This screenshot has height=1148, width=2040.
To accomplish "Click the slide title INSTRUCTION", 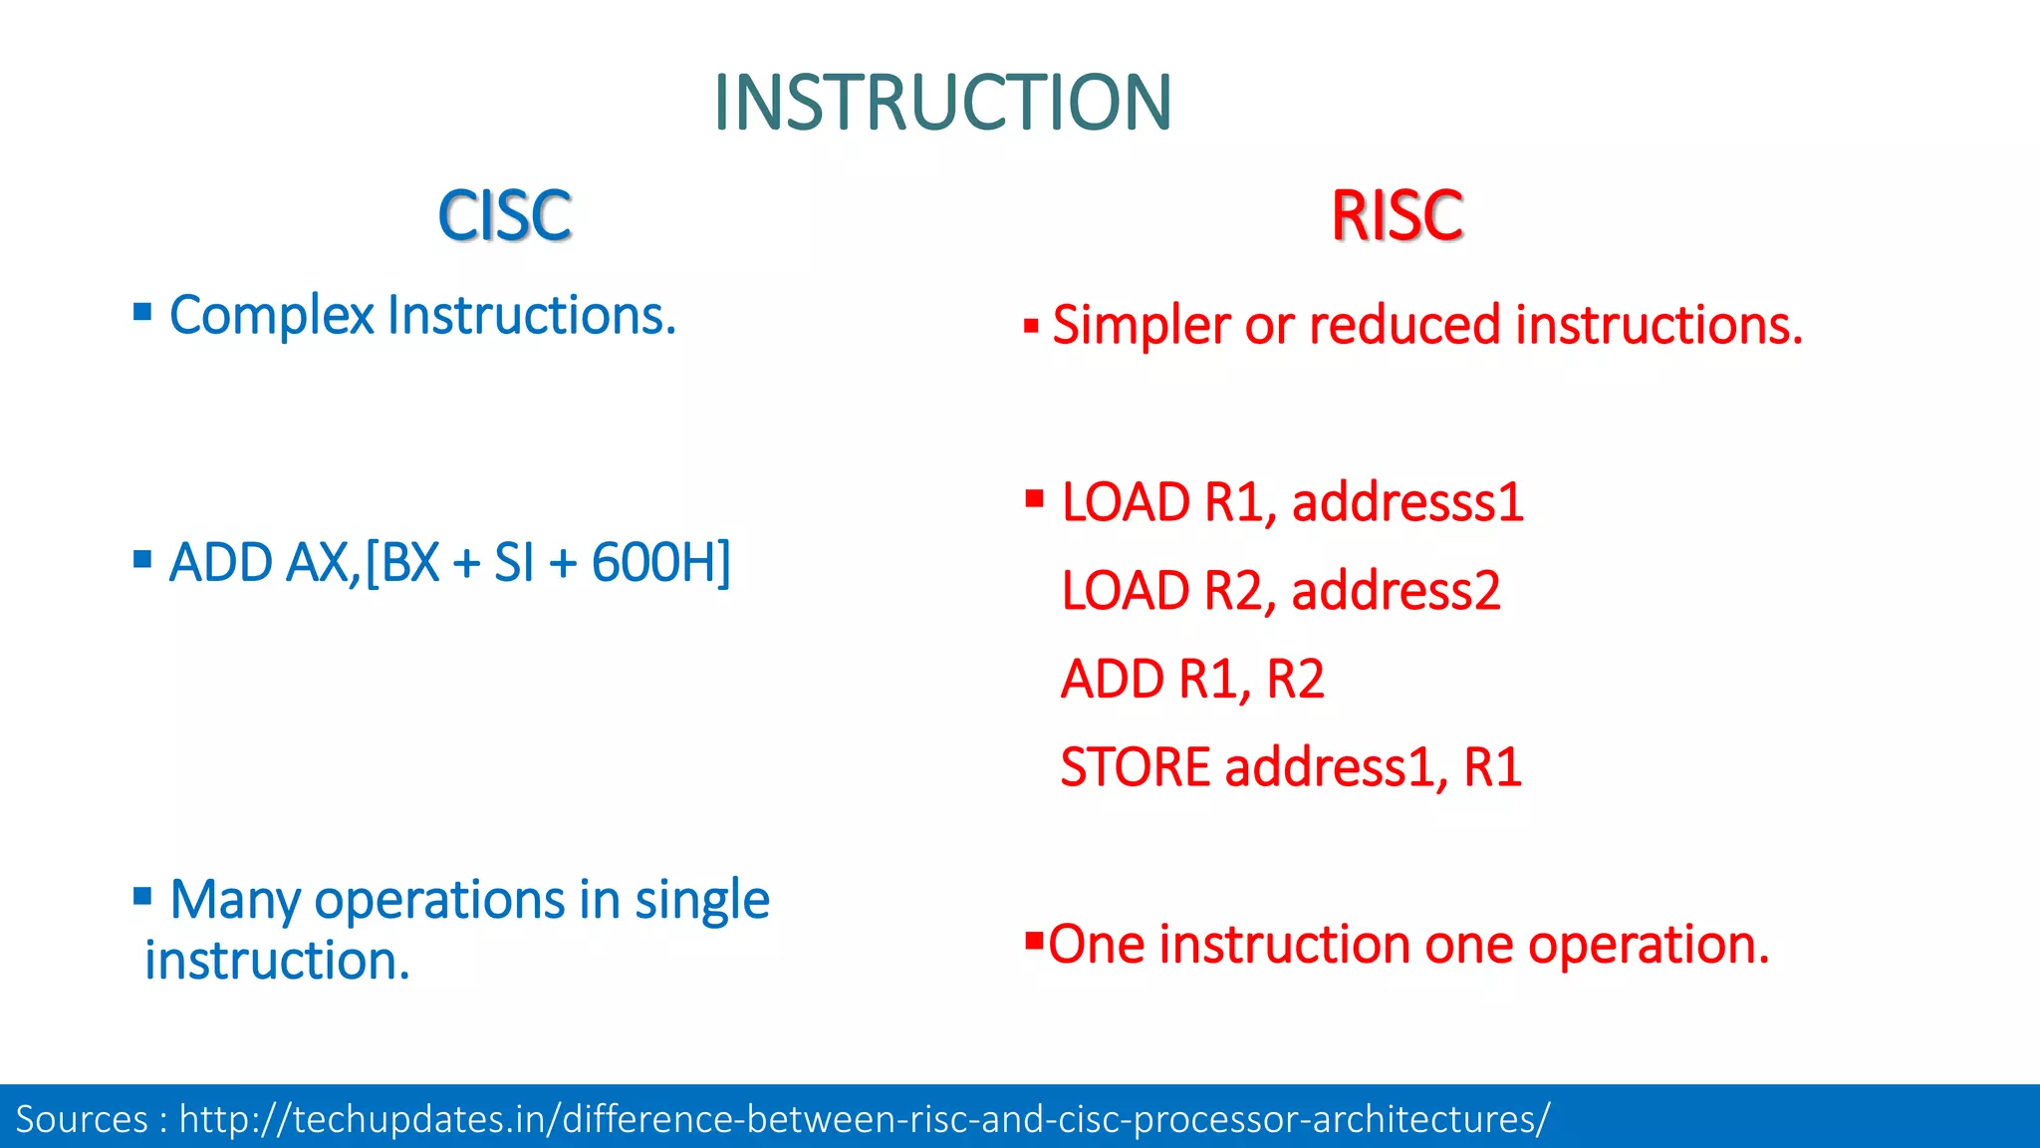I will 942,103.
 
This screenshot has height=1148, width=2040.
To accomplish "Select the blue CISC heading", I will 504,216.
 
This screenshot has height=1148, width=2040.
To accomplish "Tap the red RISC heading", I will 1397,216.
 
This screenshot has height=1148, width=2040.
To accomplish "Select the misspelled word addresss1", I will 1406,502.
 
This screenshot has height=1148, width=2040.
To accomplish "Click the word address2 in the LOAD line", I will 1395,591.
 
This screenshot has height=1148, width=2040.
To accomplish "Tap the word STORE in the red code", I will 1135,768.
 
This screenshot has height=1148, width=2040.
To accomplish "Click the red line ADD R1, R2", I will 1192,680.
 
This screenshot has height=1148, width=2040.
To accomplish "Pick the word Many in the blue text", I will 234,900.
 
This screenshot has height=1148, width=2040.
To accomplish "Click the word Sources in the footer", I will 82,1119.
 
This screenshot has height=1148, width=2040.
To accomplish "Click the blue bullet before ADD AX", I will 142,559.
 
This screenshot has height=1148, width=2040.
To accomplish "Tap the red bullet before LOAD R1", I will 1034,498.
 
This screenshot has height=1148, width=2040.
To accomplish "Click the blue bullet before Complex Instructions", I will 142,313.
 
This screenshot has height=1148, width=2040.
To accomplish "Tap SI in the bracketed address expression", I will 514,563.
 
